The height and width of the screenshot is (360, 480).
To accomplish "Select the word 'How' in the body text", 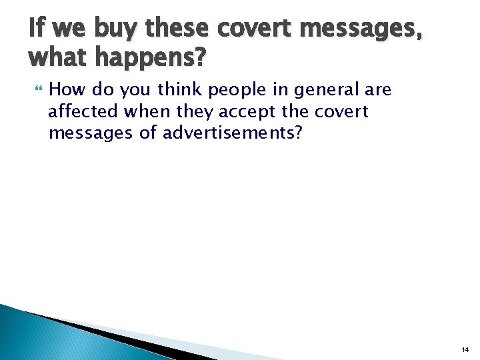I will (65, 89).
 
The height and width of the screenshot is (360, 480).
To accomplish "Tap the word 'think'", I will (179, 89).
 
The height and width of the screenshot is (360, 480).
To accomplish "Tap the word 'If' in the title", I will (37, 29).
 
